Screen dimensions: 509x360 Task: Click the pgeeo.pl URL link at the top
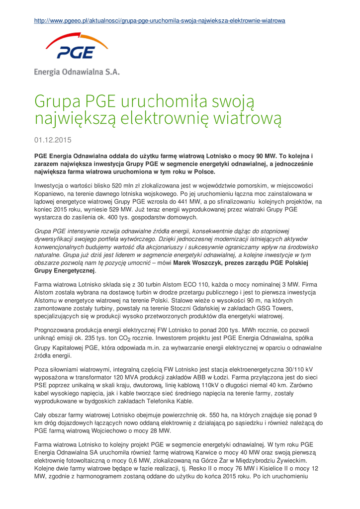tap(159, 21)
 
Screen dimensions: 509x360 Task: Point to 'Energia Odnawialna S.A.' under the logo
tap(77, 71)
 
